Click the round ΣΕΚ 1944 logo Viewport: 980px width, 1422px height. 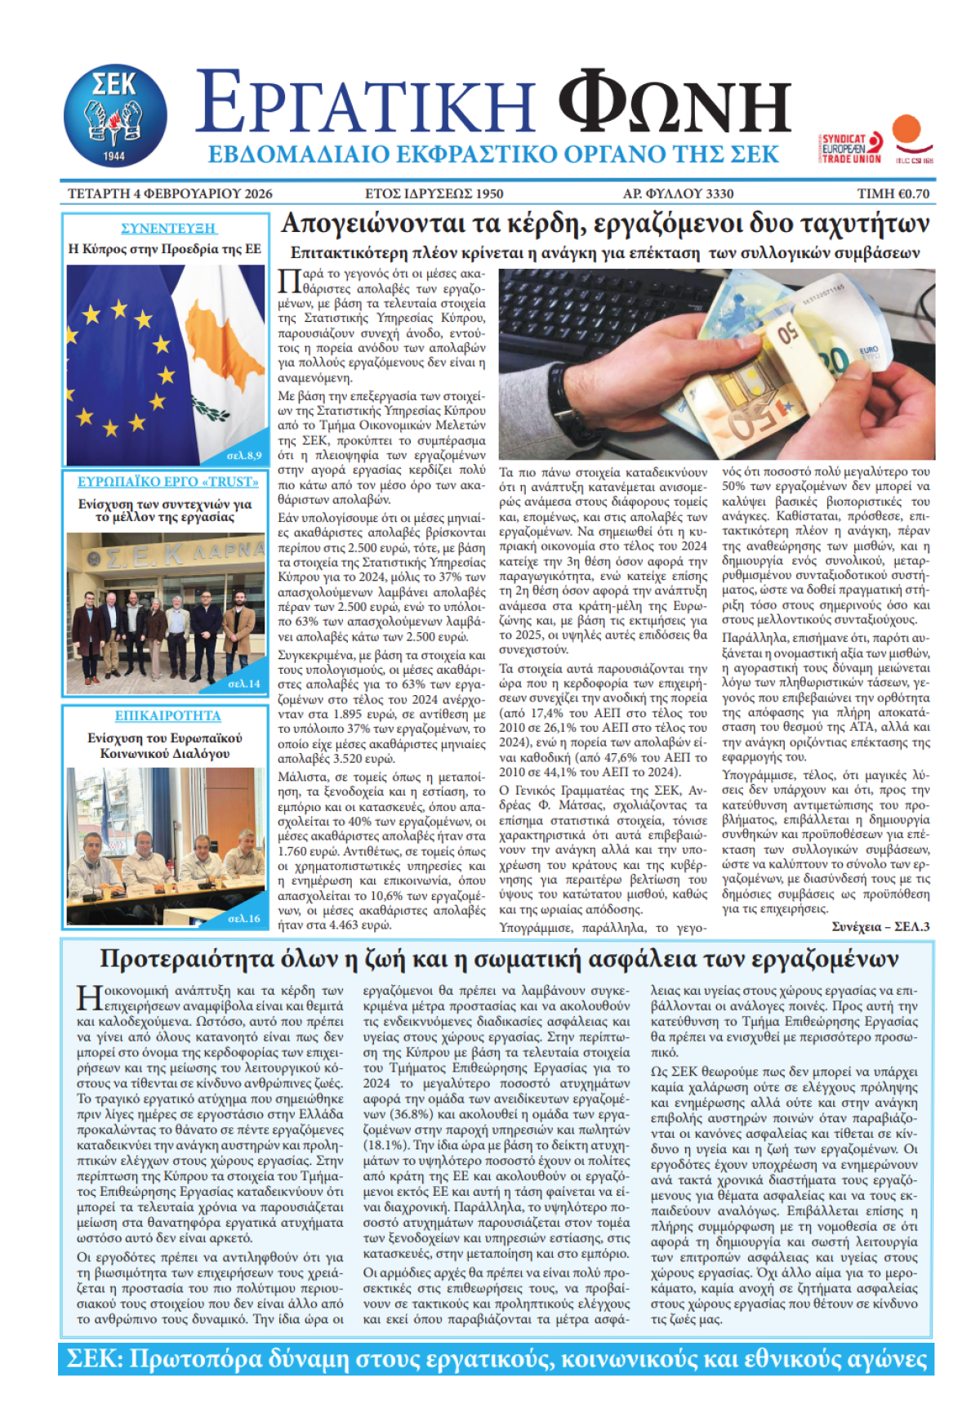tap(115, 115)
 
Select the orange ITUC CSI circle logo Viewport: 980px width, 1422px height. tap(908, 132)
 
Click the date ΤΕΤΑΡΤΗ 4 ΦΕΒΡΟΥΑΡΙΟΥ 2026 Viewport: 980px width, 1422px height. tap(170, 194)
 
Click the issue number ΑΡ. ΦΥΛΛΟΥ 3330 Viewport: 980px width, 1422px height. tap(678, 194)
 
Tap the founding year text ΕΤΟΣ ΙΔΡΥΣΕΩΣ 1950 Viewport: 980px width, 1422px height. tap(434, 194)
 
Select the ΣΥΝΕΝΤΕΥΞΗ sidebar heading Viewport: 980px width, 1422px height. tap(168, 229)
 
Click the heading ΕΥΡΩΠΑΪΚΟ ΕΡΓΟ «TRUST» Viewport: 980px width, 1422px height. tap(168, 482)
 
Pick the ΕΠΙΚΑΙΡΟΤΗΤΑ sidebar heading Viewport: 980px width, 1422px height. tap(167, 715)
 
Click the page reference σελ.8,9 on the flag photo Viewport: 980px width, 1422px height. tap(244, 455)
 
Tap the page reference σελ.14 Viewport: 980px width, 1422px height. tap(244, 684)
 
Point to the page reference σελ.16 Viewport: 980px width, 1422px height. tap(244, 918)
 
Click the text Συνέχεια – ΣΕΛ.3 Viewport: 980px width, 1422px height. tap(880, 926)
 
